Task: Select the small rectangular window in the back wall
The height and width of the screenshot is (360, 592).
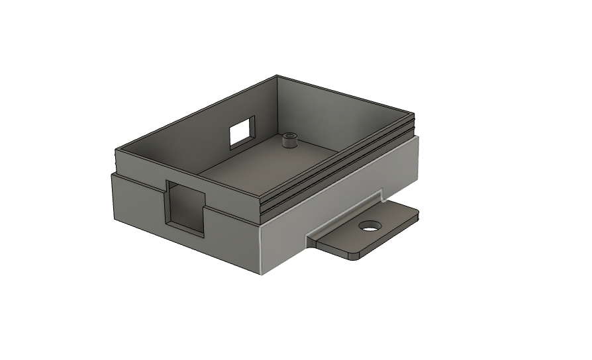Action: pyautogui.click(x=242, y=132)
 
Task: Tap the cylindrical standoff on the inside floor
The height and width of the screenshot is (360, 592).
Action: pyautogui.click(x=289, y=141)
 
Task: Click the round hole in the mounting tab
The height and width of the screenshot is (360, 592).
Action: pyautogui.click(x=371, y=226)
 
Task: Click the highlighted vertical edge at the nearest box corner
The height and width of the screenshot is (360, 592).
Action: pyautogui.click(x=261, y=249)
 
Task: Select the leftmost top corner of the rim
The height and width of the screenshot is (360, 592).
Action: pyautogui.click(x=117, y=150)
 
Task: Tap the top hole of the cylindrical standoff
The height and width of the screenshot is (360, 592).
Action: pyautogui.click(x=289, y=136)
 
